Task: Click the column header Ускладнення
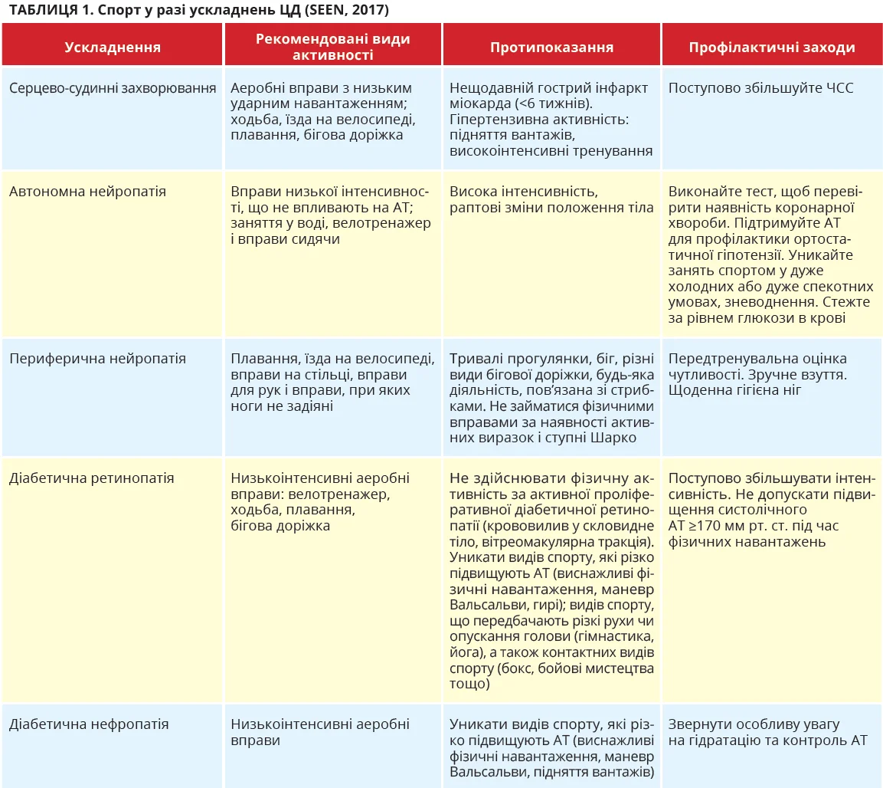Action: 113,47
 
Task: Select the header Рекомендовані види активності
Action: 332,47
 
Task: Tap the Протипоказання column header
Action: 551,47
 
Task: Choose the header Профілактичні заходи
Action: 771,47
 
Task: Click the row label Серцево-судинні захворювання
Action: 113,88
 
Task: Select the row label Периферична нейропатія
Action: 97,359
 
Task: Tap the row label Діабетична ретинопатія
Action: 91,478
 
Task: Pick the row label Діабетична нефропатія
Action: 89,724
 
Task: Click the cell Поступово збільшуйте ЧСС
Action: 760,88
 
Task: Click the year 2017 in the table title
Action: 369,10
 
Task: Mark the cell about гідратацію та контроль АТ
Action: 767,732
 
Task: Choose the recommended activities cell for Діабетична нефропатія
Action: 319,732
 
